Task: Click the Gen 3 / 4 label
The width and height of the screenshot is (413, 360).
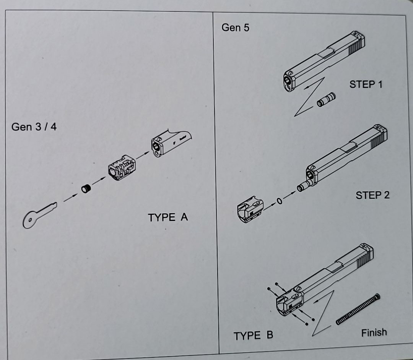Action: pos(34,127)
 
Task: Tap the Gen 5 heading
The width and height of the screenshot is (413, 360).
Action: pos(236,28)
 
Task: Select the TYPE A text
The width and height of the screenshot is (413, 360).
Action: pos(168,217)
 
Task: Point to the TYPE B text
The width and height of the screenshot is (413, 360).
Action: pos(253,336)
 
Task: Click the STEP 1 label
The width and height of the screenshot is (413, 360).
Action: pos(365,84)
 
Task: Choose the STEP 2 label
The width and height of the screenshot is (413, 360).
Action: pos(372,195)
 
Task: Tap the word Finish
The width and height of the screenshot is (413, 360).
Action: pos(374,332)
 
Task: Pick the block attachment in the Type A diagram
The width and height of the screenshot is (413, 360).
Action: pos(122,167)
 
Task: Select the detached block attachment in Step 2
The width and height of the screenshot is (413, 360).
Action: pos(250,209)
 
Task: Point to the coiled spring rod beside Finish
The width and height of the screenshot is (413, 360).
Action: pos(358,309)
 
